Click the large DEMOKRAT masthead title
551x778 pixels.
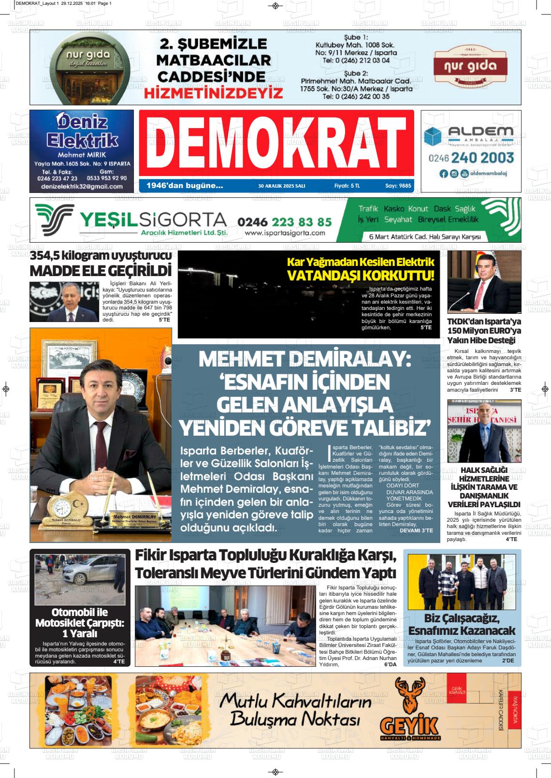[276, 143]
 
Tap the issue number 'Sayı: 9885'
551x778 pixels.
[398, 186]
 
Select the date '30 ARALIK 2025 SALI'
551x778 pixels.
[282, 186]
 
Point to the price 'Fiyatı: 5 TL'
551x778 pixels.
[347, 186]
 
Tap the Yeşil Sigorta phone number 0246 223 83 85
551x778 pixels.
[285, 222]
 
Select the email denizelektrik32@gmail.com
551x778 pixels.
[82, 186]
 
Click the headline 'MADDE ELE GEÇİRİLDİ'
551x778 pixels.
[101, 270]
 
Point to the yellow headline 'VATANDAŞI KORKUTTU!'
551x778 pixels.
[361, 276]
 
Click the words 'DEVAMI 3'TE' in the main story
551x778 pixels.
[416, 530]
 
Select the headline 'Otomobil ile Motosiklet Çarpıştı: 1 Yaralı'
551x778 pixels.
[80, 623]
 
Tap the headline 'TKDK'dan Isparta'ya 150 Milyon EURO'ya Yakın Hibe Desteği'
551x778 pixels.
[484, 331]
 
